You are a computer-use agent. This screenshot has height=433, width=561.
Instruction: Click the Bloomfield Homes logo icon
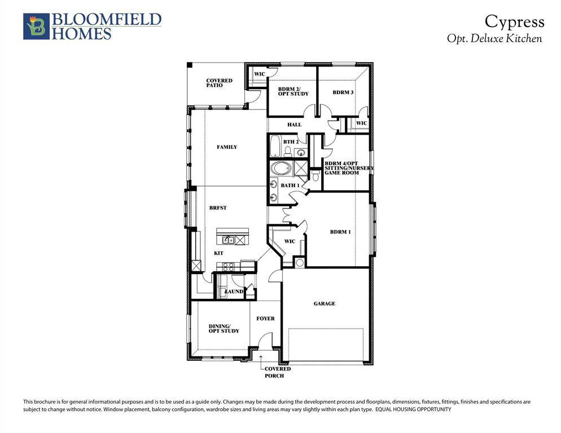36,26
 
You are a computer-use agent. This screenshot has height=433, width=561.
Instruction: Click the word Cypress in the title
515,21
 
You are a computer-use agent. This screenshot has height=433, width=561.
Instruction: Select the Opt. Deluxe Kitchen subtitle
494,39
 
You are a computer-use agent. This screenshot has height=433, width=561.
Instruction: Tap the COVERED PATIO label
219,83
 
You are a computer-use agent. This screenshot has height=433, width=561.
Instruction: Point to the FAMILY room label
227,147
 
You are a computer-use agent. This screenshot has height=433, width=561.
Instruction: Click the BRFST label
218,208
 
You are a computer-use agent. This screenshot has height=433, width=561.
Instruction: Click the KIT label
219,253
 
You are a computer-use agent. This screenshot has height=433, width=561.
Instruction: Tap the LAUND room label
234,291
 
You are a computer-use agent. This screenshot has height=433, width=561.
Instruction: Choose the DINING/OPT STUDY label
224,328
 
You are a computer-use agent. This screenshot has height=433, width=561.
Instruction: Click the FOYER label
265,319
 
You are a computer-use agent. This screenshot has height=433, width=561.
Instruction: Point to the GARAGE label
325,303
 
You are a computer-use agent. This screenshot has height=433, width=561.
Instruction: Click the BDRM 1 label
340,232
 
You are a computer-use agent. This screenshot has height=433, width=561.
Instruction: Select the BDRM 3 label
343,92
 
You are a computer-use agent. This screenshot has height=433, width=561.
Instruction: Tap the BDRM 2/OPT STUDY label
293,91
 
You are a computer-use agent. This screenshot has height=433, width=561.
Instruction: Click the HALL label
294,125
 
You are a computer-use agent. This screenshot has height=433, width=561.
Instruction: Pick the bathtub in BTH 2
275,147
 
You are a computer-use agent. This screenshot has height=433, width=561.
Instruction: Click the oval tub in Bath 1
280,169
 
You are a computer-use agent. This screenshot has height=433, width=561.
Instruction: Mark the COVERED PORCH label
278,372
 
